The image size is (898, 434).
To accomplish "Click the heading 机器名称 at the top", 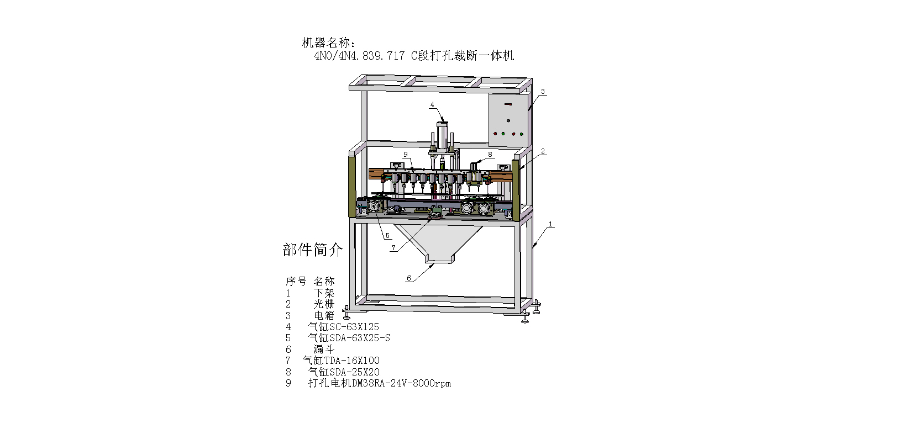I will point(329,43).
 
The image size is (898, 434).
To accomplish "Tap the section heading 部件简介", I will point(312,250).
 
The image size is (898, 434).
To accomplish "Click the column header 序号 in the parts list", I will point(296,281).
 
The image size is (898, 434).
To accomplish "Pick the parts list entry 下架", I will point(324,293).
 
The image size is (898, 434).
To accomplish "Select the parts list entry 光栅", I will point(324,304).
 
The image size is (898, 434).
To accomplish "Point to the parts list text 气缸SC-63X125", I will point(343,326).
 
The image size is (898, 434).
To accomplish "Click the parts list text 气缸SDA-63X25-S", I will point(349,337).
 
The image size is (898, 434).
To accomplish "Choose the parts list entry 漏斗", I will point(324,349).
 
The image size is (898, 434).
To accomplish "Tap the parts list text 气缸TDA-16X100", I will point(341,361).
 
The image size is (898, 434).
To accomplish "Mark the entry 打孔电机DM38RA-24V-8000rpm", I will point(379,383).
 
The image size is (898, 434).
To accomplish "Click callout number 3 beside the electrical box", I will point(543,92).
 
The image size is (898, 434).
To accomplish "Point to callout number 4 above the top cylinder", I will point(432,104).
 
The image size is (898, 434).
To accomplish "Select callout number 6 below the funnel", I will point(409,278).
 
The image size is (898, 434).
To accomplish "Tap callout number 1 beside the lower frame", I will point(550,225).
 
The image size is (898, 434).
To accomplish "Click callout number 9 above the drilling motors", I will point(405,155).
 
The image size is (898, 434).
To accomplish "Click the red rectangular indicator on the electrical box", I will point(508,104).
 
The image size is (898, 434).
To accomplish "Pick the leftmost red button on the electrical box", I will point(495,133).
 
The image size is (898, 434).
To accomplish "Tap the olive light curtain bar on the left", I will point(351,187).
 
